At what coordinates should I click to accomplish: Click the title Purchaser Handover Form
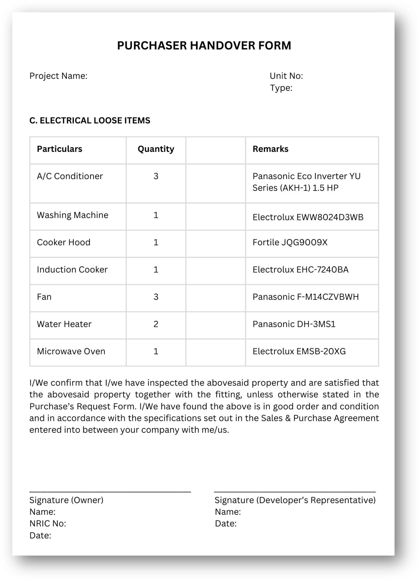coord(204,46)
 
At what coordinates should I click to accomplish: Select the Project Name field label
coord(58,76)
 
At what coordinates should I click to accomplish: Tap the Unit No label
coord(286,76)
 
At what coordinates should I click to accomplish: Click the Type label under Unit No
coord(281,88)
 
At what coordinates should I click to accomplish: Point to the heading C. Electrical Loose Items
coord(90,120)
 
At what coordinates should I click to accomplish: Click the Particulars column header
coord(59,149)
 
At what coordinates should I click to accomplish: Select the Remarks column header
coord(270,149)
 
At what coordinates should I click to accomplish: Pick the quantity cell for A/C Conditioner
coord(156,176)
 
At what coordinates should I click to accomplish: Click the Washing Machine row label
coord(72,215)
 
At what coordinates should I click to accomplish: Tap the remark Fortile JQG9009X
coord(290,242)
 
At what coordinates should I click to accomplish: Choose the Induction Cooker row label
coord(72,270)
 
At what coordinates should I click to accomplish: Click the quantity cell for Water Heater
coord(156,324)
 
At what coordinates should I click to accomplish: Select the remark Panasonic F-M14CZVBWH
coord(305,297)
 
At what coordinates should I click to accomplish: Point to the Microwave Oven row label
coord(71,351)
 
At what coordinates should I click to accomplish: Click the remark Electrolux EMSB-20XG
coord(299,351)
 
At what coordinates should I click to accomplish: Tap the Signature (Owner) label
coord(66,500)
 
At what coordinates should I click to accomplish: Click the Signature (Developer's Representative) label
coord(295,500)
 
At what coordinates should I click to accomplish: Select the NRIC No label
coord(48,524)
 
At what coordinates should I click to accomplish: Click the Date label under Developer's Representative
coord(226,524)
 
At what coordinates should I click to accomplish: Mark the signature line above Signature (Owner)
coord(110,492)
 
